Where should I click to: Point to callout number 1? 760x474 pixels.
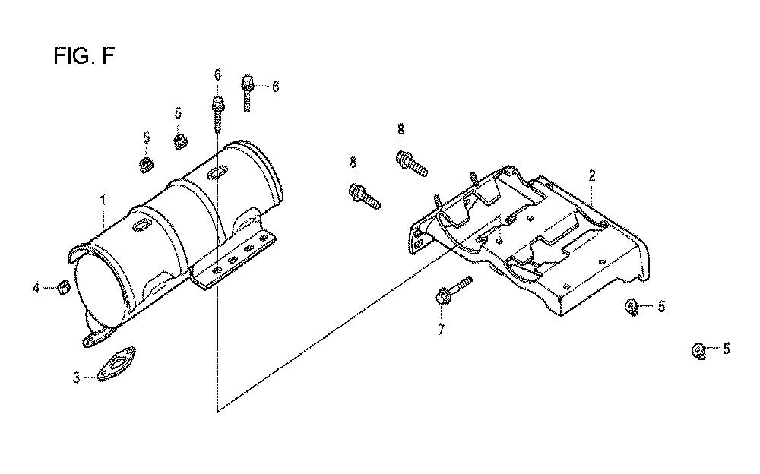pyautogui.click(x=103, y=199)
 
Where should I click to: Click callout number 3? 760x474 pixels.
pyautogui.click(x=77, y=378)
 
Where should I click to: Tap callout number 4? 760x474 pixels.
pyautogui.click(x=36, y=288)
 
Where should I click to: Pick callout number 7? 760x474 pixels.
pyautogui.click(x=441, y=330)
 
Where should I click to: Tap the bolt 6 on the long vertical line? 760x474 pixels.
pyautogui.click(x=218, y=112)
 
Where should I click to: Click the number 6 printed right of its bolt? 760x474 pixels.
pyautogui.click(x=275, y=87)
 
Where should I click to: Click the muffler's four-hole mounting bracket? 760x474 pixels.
pyautogui.click(x=236, y=259)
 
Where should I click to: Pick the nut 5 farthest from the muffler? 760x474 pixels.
pyautogui.click(x=698, y=350)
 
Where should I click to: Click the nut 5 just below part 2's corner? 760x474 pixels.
pyautogui.click(x=631, y=306)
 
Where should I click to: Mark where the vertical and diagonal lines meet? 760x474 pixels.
pyautogui.click(x=217, y=412)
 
